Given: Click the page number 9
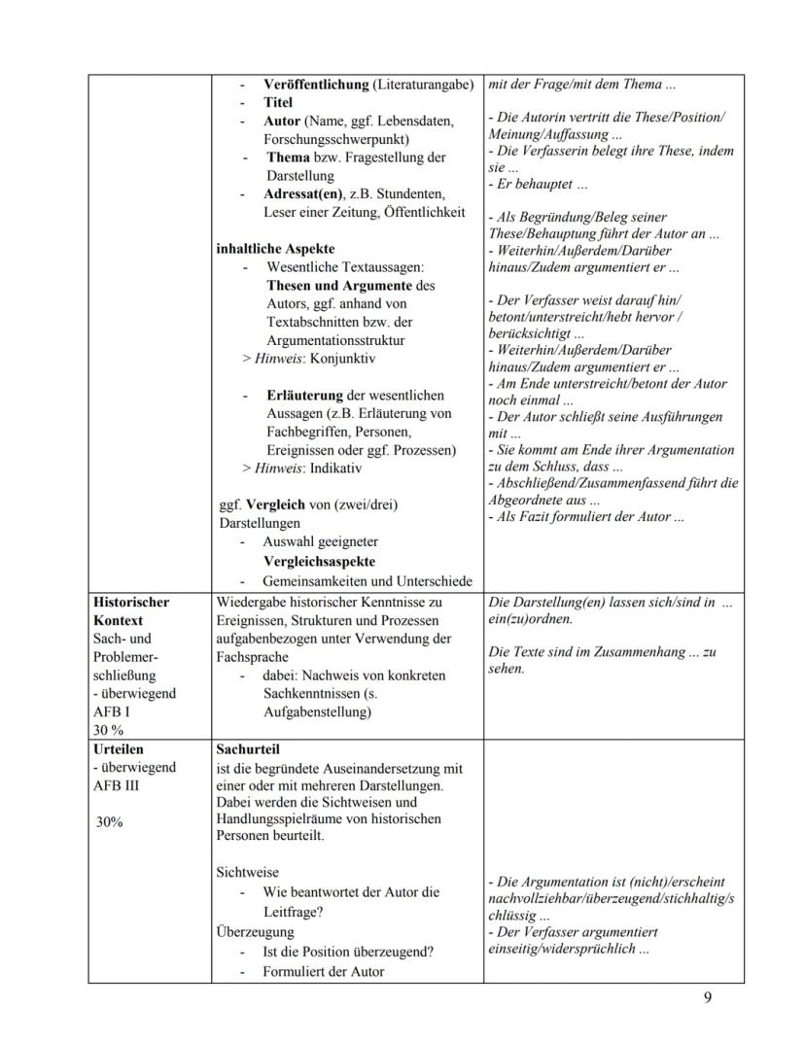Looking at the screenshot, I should click(x=707, y=998).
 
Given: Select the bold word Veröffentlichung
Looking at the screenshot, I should click(x=317, y=84).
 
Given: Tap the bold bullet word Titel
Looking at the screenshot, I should click(x=278, y=102).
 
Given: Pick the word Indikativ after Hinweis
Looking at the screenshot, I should click(x=334, y=468).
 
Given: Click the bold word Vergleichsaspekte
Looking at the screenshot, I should click(x=319, y=562).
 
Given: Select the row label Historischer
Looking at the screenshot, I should click(x=131, y=602).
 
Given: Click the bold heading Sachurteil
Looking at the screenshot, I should click(x=248, y=749).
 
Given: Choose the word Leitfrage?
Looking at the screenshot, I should click(x=293, y=912).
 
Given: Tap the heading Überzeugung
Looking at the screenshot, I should click(x=255, y=931).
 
